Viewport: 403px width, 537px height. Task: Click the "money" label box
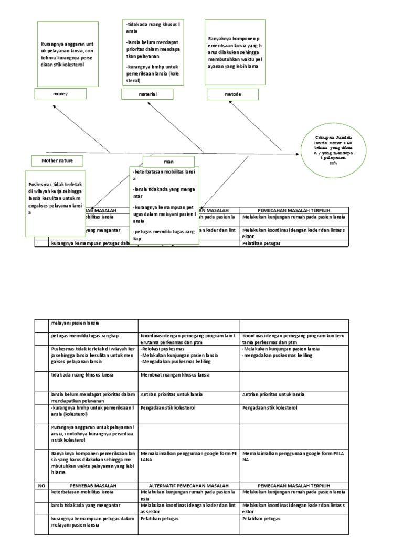click(60, 94)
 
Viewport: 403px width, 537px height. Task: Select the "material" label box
click(147, 94)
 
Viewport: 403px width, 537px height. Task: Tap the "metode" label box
click(232, 94)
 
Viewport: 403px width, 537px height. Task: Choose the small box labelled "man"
click(168, 162)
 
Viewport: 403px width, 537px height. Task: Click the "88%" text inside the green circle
click(333, 164)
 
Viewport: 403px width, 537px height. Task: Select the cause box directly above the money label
click(68, 54)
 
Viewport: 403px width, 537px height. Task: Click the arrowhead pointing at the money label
click(55, 106)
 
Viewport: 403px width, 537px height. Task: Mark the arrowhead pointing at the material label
click(149, 103)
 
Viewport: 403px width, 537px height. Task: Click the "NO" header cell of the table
click(42, 486)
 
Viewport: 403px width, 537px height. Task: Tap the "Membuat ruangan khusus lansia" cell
click(175, 375)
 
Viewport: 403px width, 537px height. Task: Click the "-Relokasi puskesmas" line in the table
click(163, 349)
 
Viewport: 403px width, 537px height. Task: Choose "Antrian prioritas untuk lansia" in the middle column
click(172, 394)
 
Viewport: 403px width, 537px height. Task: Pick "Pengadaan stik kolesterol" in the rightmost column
click(270, 407)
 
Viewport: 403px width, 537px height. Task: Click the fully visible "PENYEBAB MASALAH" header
click(93, 486)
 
